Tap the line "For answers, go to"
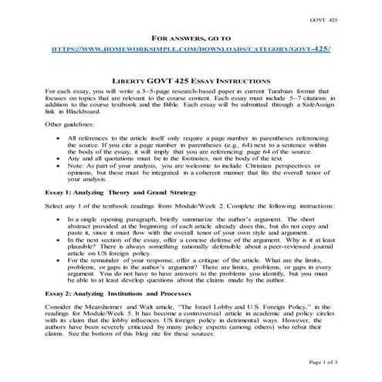pyautogui.click(x=191, y=36)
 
